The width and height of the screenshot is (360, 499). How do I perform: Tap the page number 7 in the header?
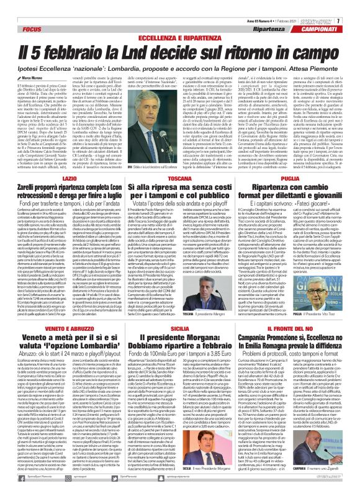356,4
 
